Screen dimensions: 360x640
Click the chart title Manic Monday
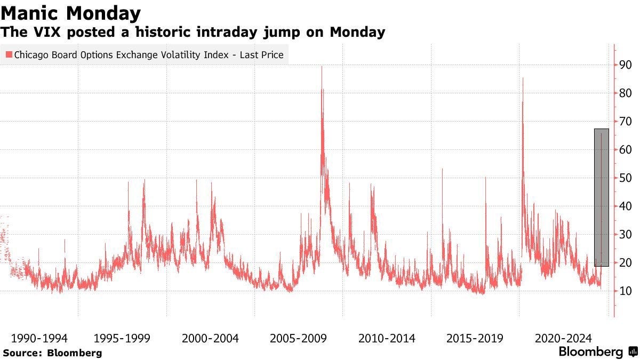71,13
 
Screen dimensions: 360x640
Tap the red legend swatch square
9,54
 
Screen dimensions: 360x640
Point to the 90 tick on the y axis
625,65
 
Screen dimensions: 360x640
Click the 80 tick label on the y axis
625,93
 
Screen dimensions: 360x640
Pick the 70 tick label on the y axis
625,122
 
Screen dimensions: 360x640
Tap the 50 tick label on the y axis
625,178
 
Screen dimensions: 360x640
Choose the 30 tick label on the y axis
625,235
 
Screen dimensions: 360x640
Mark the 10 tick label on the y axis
625,291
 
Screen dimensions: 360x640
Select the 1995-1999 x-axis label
122,338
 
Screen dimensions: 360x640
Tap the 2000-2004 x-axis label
210,338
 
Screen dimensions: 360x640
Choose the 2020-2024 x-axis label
563,338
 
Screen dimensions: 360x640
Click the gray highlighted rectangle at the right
601,197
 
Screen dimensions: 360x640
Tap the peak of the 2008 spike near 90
322,67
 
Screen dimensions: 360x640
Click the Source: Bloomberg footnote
52,353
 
